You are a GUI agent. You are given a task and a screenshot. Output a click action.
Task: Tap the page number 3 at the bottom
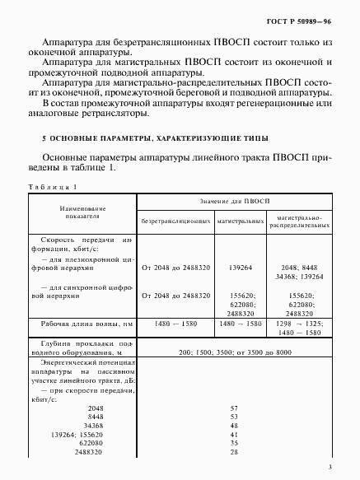330,468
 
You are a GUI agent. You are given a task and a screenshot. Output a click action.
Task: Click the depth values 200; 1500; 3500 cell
235,351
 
